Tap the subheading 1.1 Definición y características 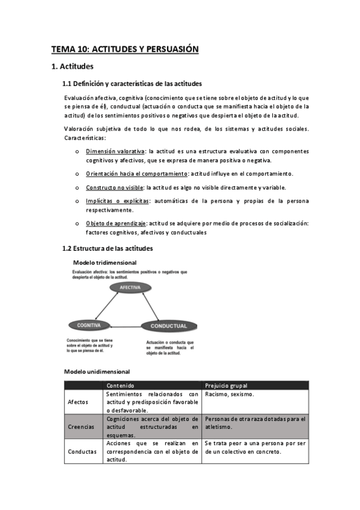132,83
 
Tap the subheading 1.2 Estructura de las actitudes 108,248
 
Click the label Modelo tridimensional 105,262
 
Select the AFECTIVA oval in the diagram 130,288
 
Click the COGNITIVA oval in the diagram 88,325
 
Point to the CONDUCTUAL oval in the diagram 169,325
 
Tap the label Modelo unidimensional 97,372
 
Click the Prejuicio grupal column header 227,385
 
